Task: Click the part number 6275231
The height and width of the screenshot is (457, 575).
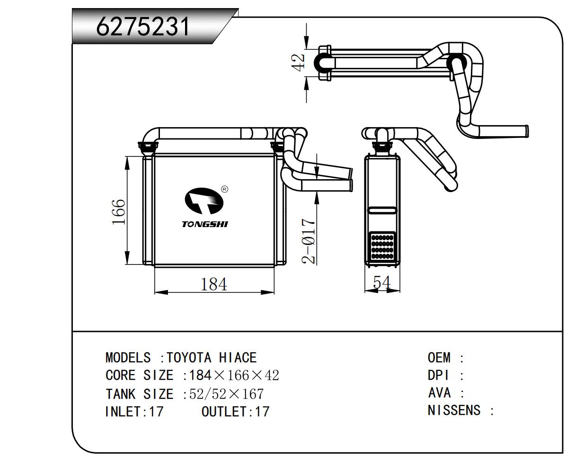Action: [143, 27]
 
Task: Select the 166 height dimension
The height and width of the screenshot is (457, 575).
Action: [119, 212]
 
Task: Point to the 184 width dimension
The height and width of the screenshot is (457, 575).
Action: [214, 284]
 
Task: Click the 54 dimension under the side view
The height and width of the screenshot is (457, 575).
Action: [381, 283]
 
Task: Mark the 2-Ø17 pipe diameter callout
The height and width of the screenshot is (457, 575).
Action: [309, 241]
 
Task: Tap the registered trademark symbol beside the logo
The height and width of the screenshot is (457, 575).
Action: [225, 189]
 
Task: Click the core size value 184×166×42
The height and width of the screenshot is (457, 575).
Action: [234, 375]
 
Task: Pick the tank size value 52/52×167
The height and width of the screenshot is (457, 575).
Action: [226, 394]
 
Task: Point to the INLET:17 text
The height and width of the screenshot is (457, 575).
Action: [134, 411]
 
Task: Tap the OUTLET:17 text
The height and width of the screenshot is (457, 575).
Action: [235, 411]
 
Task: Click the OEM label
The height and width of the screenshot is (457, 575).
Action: [439, 357]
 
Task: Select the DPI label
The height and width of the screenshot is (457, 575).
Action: [438, 375]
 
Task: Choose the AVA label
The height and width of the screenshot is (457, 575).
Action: [439, 393]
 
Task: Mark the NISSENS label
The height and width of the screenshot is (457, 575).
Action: [454, 411]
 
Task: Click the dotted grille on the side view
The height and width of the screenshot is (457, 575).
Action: [382, 246]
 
